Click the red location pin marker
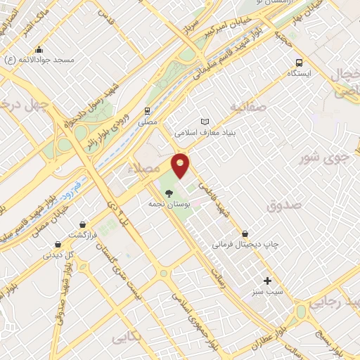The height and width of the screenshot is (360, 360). (181, 165)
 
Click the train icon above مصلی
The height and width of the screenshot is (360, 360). (148, 110)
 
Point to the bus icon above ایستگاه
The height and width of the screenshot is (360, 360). (300, 63)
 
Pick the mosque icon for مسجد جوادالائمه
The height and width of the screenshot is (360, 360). (39, 49)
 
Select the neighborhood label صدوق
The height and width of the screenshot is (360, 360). (283, 205)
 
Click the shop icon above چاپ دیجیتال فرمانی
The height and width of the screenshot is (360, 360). (245, 233)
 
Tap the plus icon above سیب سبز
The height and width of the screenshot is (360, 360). (267, 281)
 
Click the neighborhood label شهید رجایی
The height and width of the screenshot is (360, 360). (337, 303)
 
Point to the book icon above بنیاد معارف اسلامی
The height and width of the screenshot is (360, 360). (205, 121)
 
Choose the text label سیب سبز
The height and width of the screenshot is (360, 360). (268, 291)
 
